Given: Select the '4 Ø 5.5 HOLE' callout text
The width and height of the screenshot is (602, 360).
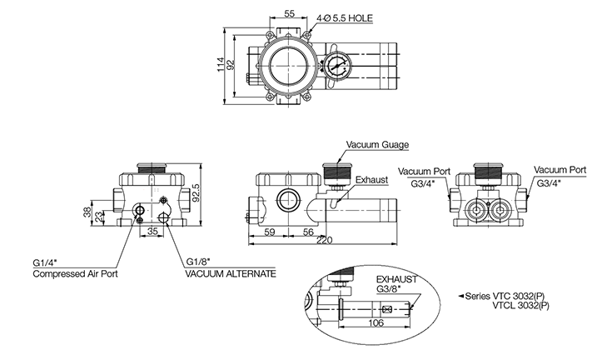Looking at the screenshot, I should click(x=341, y=16).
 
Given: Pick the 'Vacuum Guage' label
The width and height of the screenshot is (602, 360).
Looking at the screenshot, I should click(x=378, y=145).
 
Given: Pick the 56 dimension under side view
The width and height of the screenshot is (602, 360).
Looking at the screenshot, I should click(x=307, y=232).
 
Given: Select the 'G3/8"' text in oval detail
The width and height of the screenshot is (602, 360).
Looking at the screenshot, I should click(x=388, y=288).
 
